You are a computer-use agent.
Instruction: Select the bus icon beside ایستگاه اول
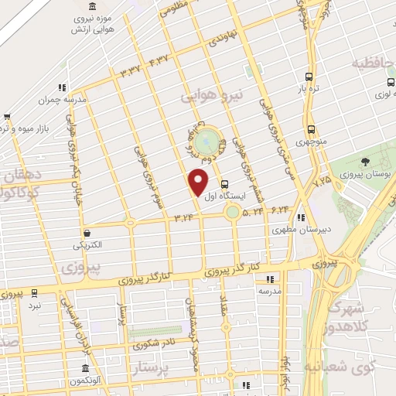point(224,185)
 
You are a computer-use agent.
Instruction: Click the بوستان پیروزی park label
point(364,175)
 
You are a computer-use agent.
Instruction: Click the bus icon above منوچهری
point(311,130)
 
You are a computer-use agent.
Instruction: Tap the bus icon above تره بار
point(309,77)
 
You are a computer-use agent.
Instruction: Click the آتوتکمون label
point(80,382)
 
